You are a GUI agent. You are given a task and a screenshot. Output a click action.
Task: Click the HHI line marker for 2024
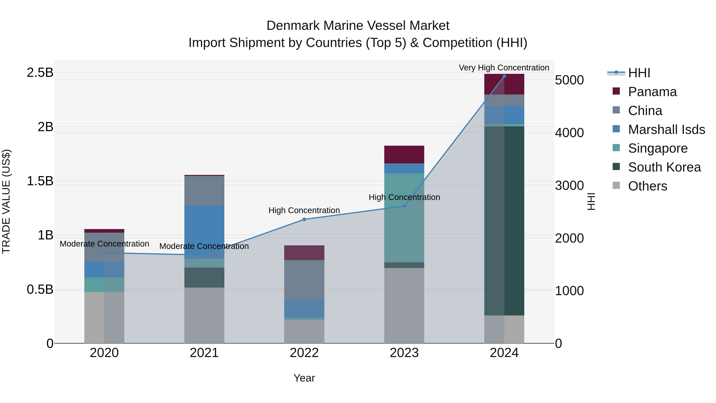point(504,76)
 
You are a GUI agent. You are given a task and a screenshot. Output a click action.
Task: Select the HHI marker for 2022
point(304,220)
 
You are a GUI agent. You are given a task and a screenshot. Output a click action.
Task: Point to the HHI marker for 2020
point(104,253)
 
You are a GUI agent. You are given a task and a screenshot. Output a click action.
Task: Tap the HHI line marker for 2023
point(404,206)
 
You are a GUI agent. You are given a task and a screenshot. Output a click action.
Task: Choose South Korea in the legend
point(664,167)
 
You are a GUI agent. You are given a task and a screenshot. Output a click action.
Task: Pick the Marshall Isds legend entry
point(666,130)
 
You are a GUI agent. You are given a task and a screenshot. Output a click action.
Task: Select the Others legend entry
point(647,186)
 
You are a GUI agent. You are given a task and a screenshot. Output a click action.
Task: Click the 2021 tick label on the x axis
point(204,353)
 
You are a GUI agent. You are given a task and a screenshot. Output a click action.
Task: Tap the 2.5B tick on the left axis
point(40,73)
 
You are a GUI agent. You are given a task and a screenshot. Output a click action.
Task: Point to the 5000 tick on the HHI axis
point(569,80)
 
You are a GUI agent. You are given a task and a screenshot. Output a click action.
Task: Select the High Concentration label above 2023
point(404,197)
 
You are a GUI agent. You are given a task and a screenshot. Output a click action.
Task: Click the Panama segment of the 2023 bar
point(404,154)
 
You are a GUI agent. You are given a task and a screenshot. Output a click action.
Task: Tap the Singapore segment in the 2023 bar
point(404,218)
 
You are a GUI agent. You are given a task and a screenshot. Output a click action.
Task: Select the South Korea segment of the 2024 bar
point(504,221)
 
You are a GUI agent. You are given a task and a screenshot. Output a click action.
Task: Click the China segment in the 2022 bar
point(304,280)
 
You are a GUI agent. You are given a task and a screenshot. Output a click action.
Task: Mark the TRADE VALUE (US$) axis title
point(6,202)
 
